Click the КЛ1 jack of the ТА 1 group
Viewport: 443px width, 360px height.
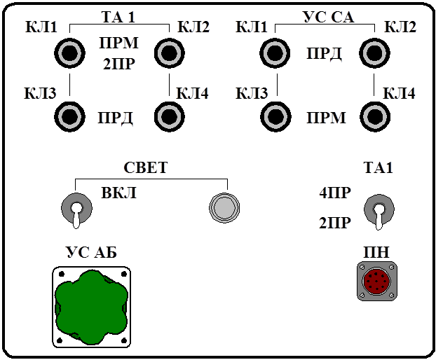click(x=69, y=53)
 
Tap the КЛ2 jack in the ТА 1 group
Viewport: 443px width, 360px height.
click(x=169, y=53)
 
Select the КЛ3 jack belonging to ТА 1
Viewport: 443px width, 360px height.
click(x=69, y=116)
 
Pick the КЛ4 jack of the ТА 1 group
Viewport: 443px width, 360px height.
click(x=169, y=116)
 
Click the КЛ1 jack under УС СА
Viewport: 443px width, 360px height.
click(x=275, y=53)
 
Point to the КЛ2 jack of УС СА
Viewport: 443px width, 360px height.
click(x=375, y=53)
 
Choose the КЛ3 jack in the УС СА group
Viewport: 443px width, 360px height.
click(x=275, y=116)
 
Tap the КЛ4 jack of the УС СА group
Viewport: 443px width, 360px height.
click(x=375, y=116)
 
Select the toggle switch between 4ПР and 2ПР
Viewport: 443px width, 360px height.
click(x=379, y=212)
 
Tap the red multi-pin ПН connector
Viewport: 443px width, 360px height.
click(x=377, y=282)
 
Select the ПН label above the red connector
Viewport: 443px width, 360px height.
click(x=376, y=252)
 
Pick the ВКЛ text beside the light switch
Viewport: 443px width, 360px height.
click(x=118, y=193)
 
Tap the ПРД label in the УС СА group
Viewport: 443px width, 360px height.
click(x=325, y=55)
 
